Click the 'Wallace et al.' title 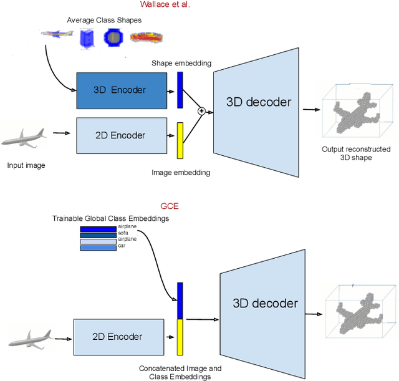[165, 5]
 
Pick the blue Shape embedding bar [180, 90]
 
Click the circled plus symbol [201, 111]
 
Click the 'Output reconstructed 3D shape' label [356, 153]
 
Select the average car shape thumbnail [147, 39]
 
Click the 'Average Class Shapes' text [104, 20]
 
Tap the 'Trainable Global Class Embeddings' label [111, 219]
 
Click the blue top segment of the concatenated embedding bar [180, 301]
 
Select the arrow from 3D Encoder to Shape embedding [171, 90]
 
